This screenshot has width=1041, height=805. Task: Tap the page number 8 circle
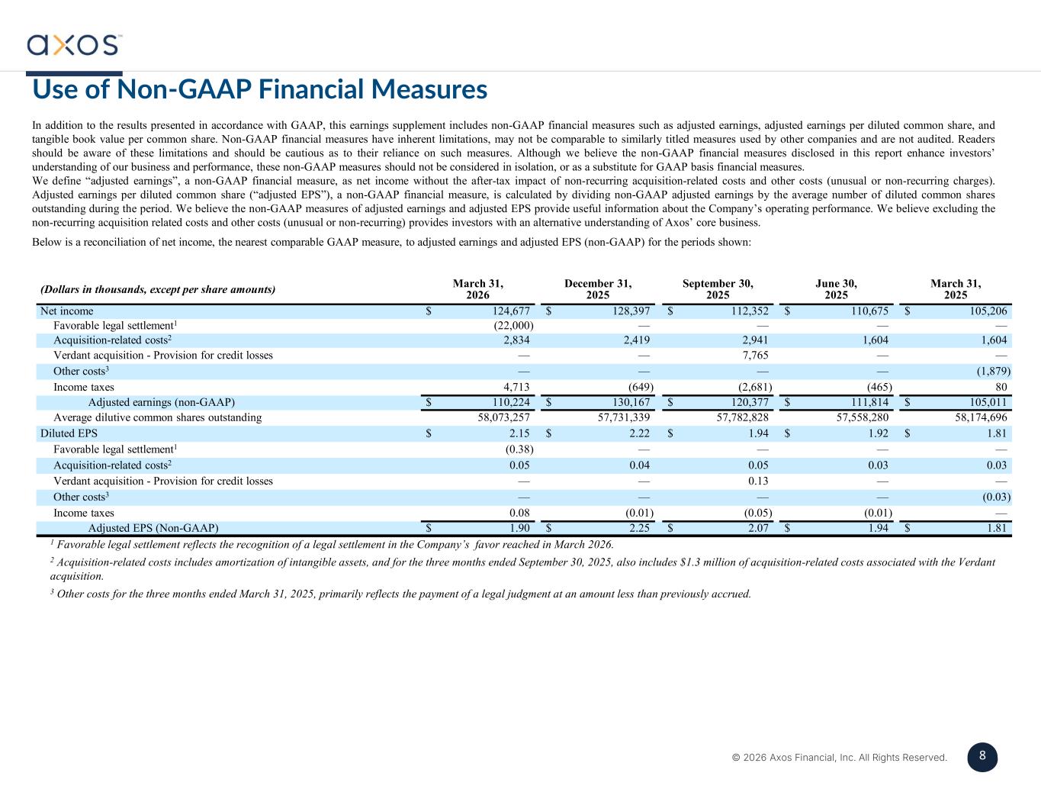coord(982,757)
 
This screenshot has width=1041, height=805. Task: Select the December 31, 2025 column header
coord(598,289)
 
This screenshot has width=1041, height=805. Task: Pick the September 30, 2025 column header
coord(718,289)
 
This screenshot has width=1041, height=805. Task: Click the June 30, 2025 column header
coord(836,289)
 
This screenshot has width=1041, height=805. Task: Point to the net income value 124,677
coord(511,311)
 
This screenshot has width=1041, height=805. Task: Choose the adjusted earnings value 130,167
coord(631,402)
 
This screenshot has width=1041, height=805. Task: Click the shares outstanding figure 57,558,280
coord(863,417)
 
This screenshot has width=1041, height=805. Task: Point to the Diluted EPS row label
coord(69,433)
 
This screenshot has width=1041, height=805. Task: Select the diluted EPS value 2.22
coord(640,433)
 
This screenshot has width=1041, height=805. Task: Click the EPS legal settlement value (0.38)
coord(519,449)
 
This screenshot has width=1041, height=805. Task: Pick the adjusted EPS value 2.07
coord(758,527)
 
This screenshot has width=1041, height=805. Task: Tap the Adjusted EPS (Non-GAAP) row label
coord(153,527)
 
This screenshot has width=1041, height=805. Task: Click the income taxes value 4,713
coord(516,387)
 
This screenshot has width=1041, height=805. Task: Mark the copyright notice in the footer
coord(840,757)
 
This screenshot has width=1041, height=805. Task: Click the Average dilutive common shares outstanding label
coord(158,417)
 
